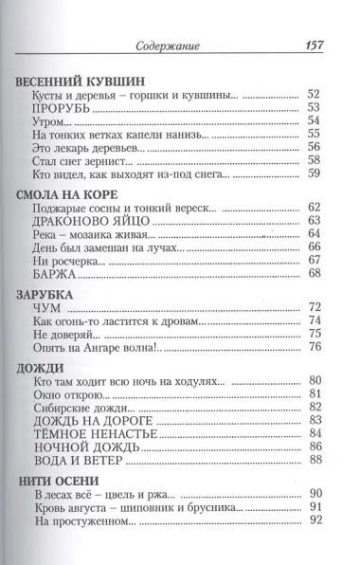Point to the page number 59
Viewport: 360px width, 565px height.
coord(315,173)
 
